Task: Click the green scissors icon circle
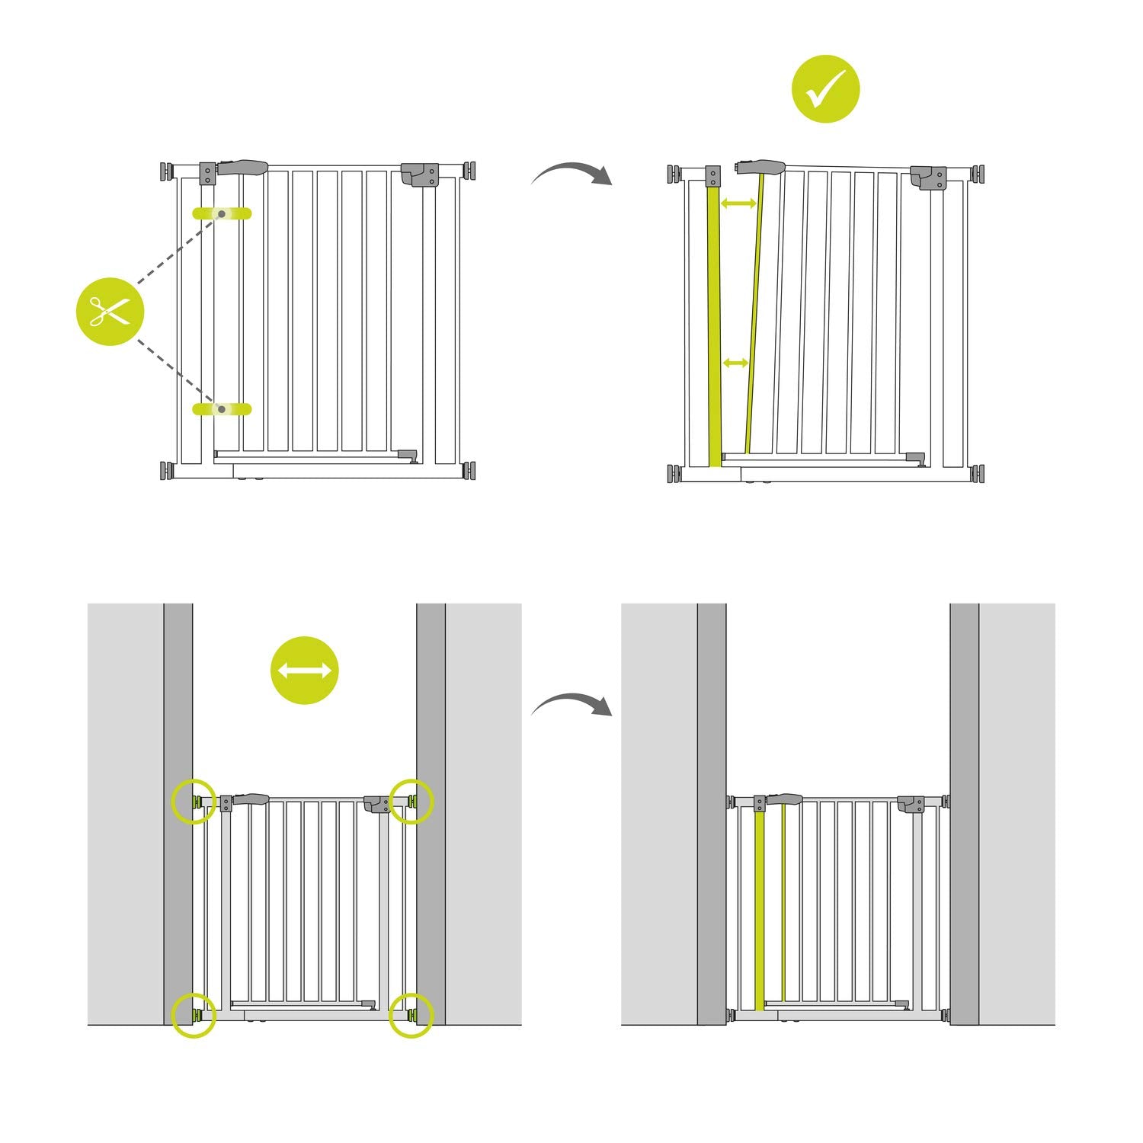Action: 110,311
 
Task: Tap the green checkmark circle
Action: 826,89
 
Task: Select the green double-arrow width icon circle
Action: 304,670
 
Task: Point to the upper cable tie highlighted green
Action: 222,213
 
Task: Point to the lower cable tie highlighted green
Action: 222,409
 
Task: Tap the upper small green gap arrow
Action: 738,203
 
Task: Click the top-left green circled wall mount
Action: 194,801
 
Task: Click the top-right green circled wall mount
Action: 411,801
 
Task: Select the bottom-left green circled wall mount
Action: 194,1014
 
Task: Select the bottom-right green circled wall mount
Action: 411,1014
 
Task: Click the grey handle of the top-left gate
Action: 243,166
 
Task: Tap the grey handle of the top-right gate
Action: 760,166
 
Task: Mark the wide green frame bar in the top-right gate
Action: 714,328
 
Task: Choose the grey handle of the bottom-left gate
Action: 251,800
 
